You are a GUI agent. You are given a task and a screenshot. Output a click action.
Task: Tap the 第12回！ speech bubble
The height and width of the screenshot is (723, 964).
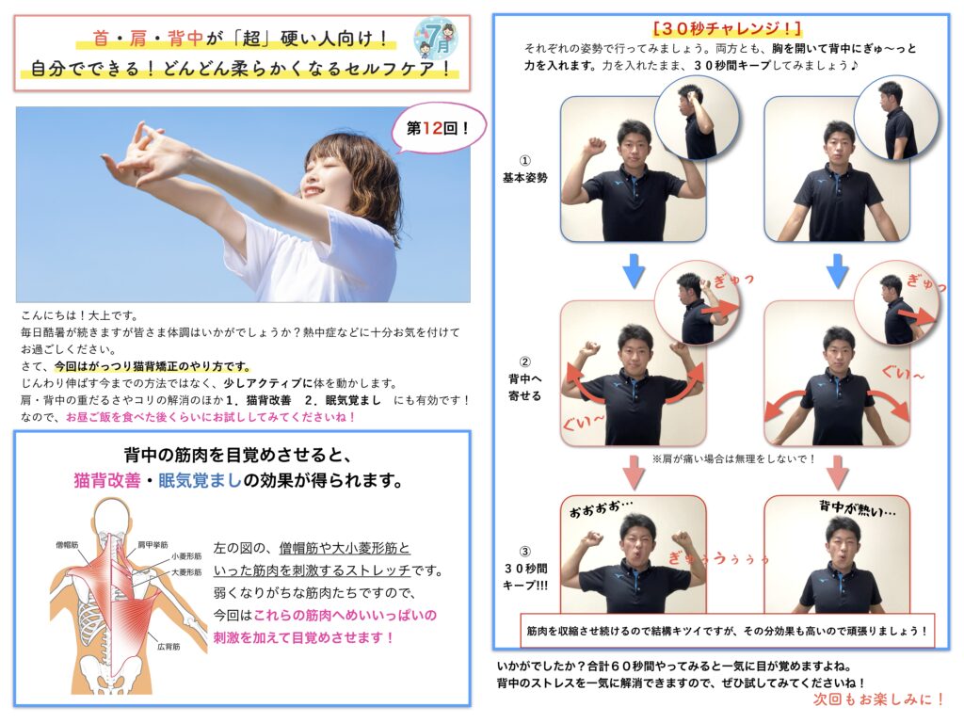coord(438,128)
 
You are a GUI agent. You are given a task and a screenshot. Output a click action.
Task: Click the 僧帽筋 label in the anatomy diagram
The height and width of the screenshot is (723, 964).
coord(67,545)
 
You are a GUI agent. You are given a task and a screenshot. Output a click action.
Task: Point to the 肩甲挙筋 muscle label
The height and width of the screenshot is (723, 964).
coord(153,545)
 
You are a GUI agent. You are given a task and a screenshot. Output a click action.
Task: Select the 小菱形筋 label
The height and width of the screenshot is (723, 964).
coord(186,556)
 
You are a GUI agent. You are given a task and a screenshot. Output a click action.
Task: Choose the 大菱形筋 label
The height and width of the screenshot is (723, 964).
coord(186,572)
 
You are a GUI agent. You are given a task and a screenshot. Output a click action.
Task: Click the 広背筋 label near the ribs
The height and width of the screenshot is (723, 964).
coord(169,647)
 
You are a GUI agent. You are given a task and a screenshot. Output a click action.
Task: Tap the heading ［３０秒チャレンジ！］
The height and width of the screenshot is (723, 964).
coord(728,28)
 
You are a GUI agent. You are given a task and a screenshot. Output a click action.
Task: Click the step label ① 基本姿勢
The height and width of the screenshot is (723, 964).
coord(524,169)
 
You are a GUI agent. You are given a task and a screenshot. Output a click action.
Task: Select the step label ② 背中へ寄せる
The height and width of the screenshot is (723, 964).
coord(524,378)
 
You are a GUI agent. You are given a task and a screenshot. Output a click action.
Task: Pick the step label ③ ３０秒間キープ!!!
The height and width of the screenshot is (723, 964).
coord(524,568)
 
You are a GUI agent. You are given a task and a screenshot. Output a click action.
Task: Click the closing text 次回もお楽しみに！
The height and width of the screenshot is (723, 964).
coord(879,699)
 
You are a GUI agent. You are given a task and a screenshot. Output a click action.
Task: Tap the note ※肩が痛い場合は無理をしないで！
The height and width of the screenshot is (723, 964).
coord(734,458)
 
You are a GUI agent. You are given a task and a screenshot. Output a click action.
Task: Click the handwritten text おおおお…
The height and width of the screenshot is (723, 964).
coord(601,509)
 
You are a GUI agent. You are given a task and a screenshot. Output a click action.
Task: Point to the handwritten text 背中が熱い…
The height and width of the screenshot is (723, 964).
coord(857,508)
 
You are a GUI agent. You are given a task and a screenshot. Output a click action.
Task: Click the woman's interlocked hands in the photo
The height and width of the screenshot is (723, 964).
coord(140,150)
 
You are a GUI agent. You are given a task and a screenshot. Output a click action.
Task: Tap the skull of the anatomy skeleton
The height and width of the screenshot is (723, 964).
coord(113,515)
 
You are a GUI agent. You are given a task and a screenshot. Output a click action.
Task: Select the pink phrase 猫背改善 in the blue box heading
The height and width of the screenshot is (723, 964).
coord(107,480)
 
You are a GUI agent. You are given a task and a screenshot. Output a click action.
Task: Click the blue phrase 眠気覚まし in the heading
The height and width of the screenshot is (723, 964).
coord(200,480)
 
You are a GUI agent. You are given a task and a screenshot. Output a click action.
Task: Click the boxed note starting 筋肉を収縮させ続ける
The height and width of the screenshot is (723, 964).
coord(728,631)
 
